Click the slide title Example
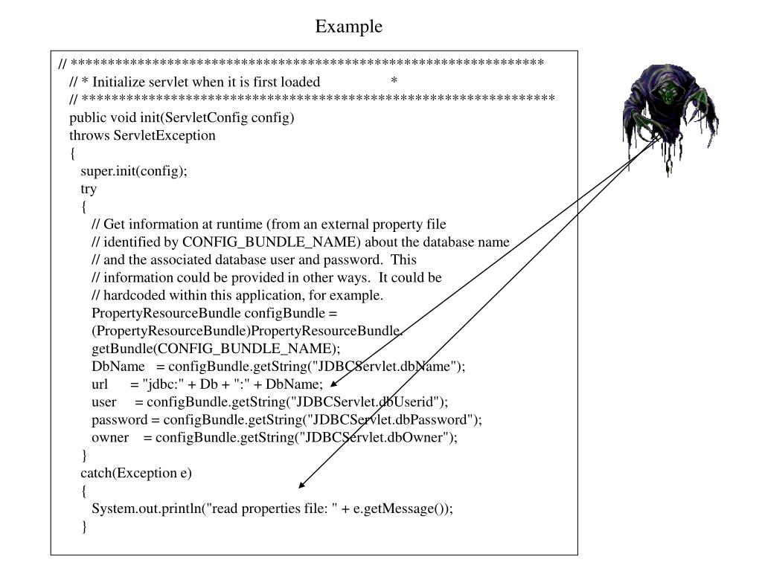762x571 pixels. pos(349,27)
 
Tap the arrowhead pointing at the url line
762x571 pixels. pos(333,384)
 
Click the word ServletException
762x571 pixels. pos(164,135)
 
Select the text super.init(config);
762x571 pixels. pos(134,172)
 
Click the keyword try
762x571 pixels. pos(89,190)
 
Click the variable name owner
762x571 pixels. pos(110,437)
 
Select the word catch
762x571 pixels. pos(96,473)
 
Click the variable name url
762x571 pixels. pos(100,384)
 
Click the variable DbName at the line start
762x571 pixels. pos(118,366)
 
